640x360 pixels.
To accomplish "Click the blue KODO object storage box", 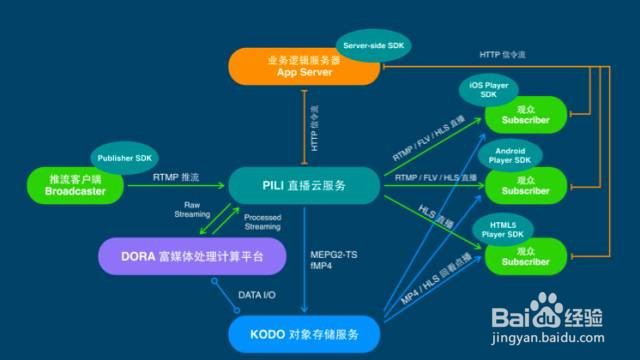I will click(303, 331).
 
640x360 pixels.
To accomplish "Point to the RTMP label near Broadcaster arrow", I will click(176, 177).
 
